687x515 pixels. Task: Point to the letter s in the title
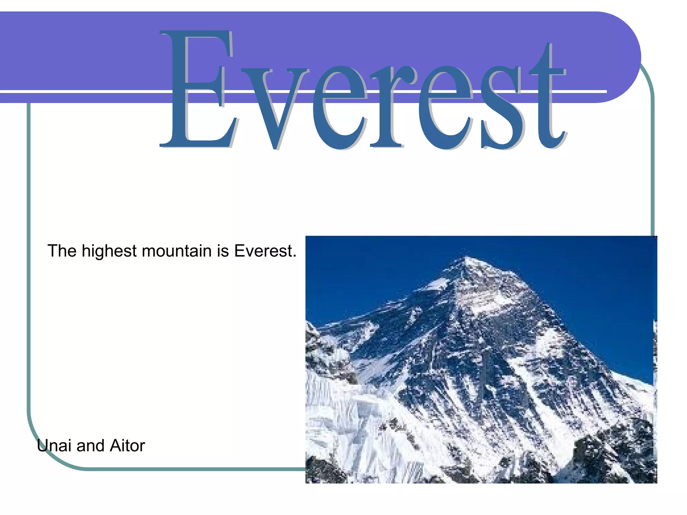pos(501,107)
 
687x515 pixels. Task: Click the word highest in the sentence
pos(109,251)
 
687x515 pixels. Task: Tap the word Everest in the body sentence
pos(263,251)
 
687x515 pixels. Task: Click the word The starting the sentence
pos(62,251)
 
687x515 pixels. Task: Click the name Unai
pos(54,446)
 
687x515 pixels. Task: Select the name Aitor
pos(127,446)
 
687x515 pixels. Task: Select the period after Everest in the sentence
pos(295,256)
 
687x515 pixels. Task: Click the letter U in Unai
pos(43,446)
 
